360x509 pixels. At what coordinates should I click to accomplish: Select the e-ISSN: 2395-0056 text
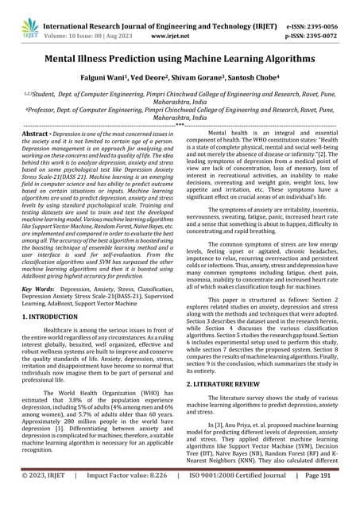[x=314, y=13]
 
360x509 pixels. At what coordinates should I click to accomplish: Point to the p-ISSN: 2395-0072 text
[x=314, y=24]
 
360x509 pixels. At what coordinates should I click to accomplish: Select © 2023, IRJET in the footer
[x=46, y=497]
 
